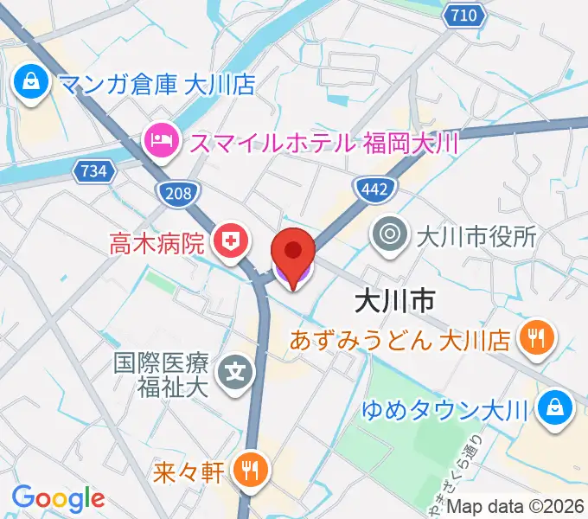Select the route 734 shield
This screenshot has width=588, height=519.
coord(96,171)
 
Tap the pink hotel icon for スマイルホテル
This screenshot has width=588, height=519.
coord(162,140)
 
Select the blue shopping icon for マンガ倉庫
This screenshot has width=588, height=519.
coord(30,84)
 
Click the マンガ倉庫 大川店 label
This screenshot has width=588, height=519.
coord(156,86)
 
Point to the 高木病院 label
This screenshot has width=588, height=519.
coord(157,241)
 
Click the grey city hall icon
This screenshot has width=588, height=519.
coord(390,234)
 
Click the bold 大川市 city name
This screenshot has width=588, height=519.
coord(393,300)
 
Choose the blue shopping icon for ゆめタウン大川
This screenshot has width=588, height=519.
coord(553,408)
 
